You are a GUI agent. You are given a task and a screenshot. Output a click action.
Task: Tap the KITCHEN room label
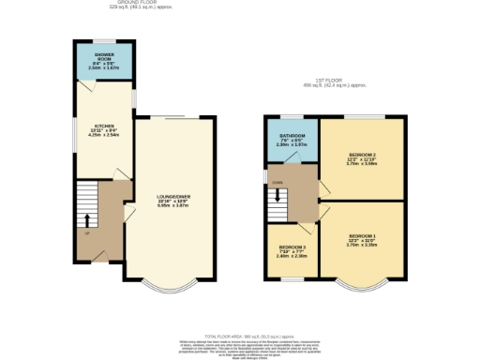[x=103, y=128]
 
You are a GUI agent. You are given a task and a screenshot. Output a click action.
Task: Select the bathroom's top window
[x=288, y=118]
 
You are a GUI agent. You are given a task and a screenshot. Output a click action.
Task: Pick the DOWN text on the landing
[x=277, y=181]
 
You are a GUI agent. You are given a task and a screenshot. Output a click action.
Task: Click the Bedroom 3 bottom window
[x=288, y=278]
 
